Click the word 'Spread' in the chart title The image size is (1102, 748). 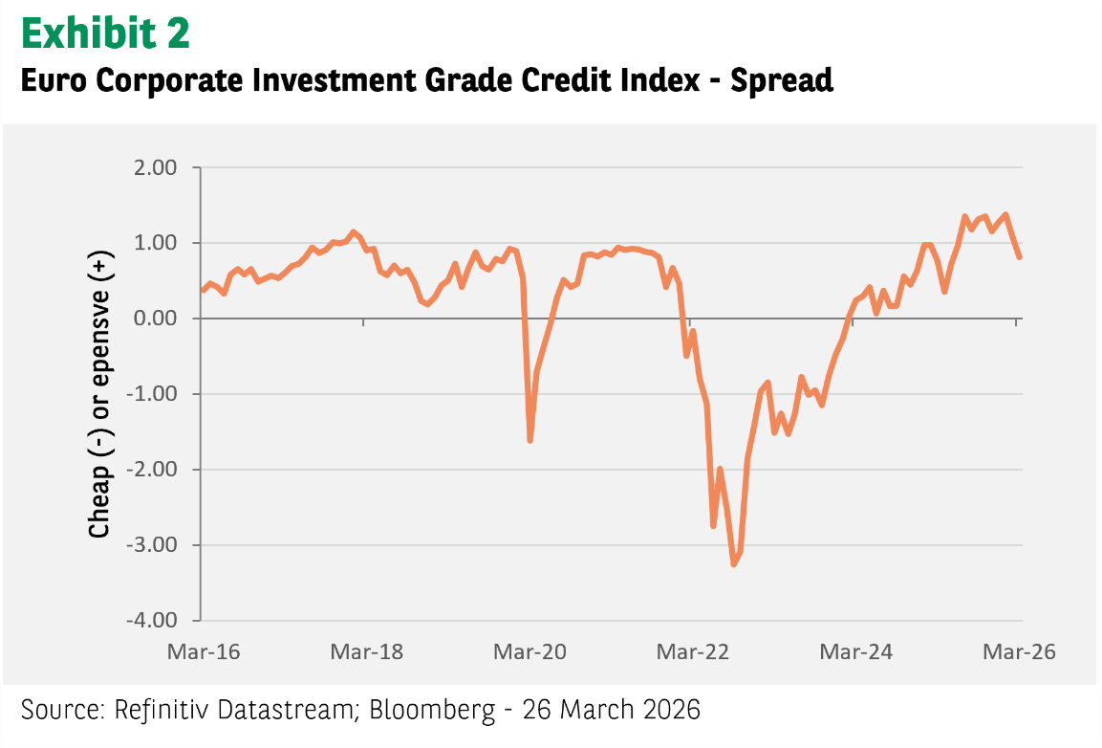point(782,80)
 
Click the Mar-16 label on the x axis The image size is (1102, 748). point(203,652)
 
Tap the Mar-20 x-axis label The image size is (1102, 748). point(529,652)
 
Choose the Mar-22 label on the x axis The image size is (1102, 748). point(694,652)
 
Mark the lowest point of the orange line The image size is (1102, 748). point(734,564)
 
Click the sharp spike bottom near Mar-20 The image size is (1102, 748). point(530,440)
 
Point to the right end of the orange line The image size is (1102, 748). point(1020,256)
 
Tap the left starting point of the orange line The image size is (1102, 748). point(203,290)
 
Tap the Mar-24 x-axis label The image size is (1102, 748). point(857,652)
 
